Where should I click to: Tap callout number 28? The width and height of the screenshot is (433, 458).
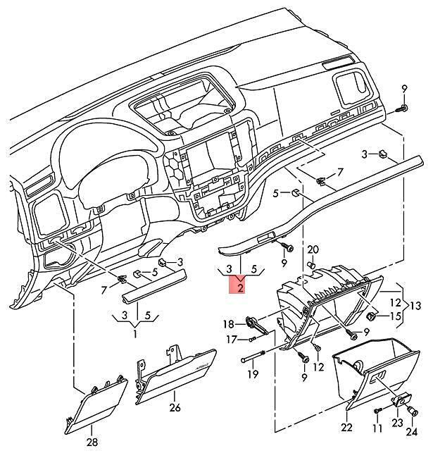[92, 442]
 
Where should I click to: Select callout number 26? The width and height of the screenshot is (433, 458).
[175, 407]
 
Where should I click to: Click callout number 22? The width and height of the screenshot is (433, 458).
[346, 428]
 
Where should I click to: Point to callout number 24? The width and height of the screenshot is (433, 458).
[411, 432]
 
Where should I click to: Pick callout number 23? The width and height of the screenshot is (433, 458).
[397, 423]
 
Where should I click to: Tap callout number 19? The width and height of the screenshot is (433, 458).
[253, 373]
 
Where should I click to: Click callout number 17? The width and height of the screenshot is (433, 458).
[233, 340]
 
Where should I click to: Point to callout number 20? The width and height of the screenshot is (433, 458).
[313, 250]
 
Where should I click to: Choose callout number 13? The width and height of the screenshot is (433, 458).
[415, 306]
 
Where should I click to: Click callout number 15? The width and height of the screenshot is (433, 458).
[396, 316]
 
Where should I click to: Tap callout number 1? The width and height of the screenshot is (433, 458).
[134, 334]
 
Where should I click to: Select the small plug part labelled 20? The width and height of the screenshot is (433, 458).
[312, 266]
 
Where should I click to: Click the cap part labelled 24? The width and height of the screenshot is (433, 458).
[414, 411]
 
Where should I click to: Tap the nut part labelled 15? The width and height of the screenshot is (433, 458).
[370, 316]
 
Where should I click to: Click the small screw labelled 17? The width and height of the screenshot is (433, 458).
[253, 339]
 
